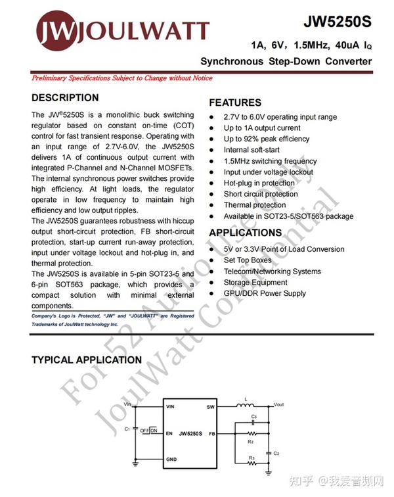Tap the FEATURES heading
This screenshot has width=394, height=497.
(234, 103)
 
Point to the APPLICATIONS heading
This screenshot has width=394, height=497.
(245, 233)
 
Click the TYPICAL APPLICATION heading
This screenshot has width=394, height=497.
(87, 360)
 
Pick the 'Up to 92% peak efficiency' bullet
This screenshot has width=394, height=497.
(267, 139)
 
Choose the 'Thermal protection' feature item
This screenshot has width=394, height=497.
(255, 205)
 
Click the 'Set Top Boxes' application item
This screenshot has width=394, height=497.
(248, 260)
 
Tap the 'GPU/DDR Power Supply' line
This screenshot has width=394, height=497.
(265, 293)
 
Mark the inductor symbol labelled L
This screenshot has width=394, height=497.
(246, 405)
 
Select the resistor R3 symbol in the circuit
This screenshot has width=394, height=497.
(253, 463)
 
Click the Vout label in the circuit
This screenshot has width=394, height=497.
(278, 404)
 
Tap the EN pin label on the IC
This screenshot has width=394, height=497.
(169, 434)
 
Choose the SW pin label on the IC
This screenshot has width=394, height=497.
(211, 407)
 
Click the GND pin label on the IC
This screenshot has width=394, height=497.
(171, 459)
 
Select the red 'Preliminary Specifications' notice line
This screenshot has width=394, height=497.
(122, 78)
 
